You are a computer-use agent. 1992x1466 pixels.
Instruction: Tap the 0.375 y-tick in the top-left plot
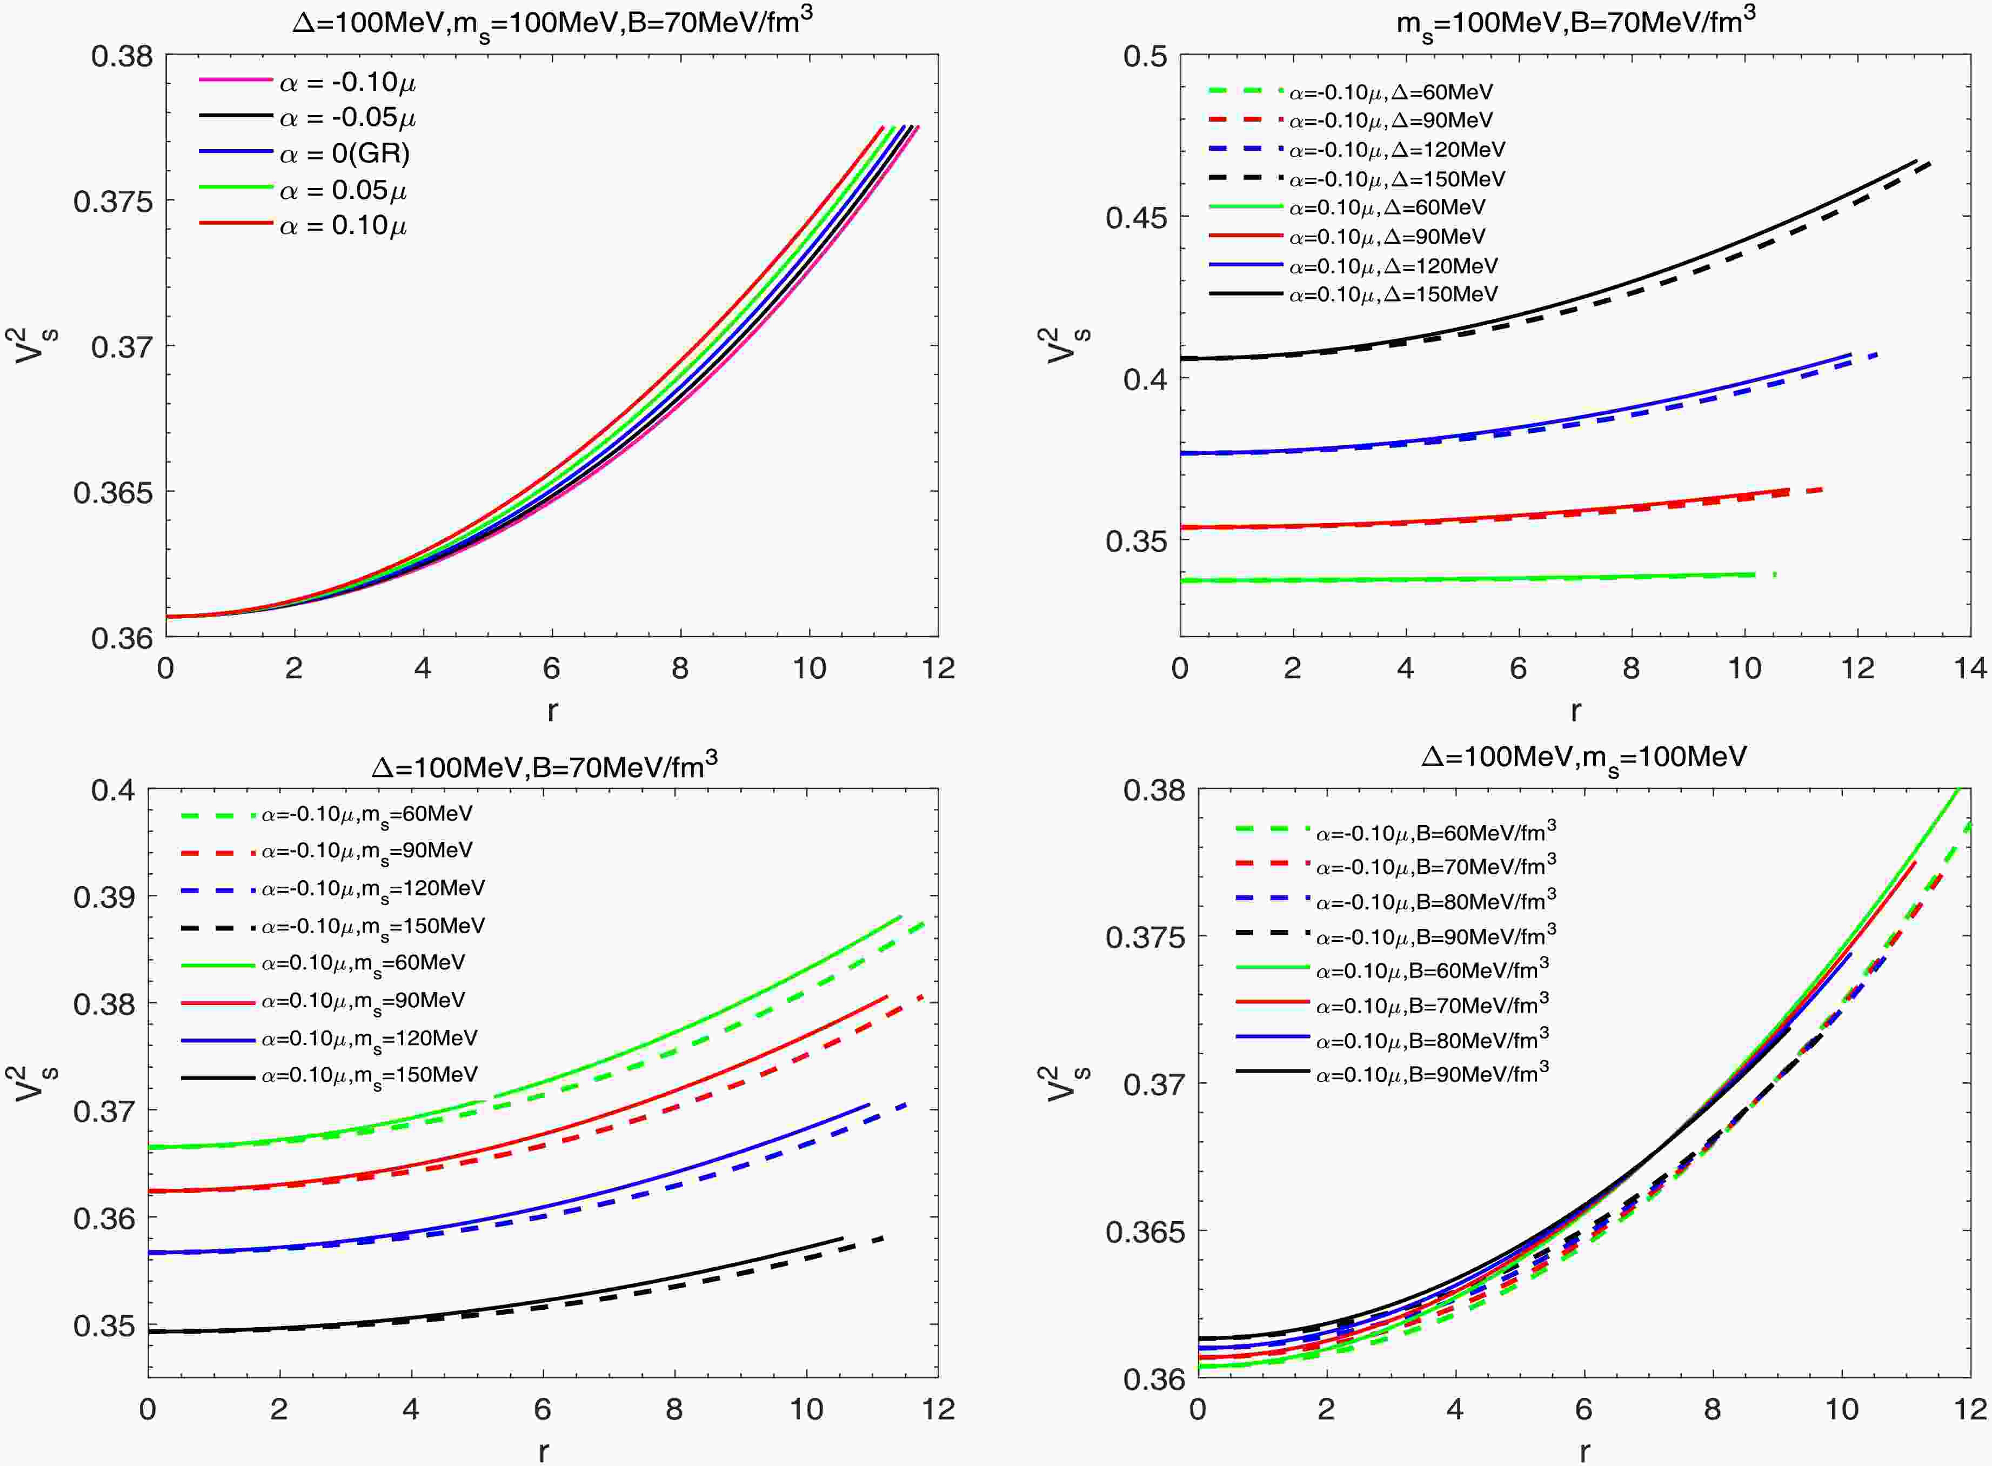[113, 202]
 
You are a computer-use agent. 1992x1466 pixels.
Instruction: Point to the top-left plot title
[552, 21]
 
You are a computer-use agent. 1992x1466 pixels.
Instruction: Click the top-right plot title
[1575, 21]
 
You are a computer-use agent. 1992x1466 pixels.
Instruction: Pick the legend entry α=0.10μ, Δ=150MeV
[1393, 294]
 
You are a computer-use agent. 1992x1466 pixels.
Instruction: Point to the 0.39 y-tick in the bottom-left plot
[113, 896]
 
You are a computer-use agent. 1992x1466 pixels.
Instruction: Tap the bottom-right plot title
[1584, 756]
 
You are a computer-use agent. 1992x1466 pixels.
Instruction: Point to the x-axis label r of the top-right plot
[1575, 710]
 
